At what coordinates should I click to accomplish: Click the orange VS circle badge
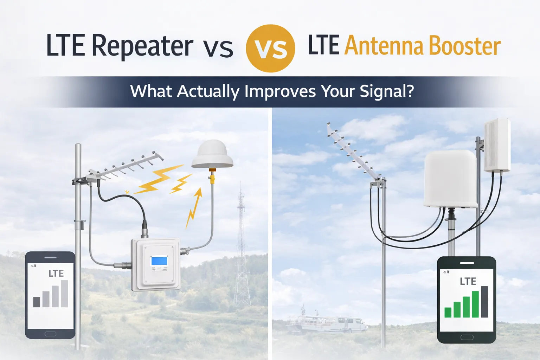tap(270, 48)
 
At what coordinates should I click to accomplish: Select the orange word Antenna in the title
tap(384, 46)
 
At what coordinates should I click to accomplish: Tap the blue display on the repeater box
tap(159, 261)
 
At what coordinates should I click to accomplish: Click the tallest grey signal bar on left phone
tap(64, 293)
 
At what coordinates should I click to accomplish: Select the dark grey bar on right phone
tap(484, 302)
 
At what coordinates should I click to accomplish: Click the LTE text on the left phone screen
tap(56, 274)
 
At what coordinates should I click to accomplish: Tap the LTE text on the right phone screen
tap(468, 281)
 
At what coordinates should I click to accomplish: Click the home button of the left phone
tap(50, 334)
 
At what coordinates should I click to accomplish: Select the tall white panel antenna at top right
tap(497, 145)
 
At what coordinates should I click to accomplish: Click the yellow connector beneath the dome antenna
tap(212, 177)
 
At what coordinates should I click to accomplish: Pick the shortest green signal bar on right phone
tap(448, 312)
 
